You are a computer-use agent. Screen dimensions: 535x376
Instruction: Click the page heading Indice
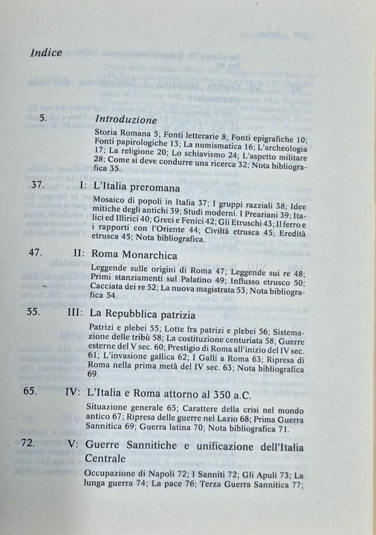(x=46, y=52)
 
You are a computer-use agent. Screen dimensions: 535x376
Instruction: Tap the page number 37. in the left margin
(x=38, y=186)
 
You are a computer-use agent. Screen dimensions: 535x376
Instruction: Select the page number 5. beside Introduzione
(x=43, y=119)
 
